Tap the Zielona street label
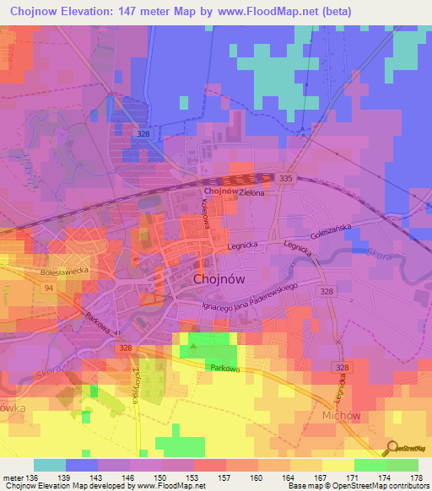point(251,193)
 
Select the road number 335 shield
point(285,179)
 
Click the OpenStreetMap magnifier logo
point(393,448)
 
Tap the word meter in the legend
point(13,479)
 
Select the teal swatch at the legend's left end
point(49,465)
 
